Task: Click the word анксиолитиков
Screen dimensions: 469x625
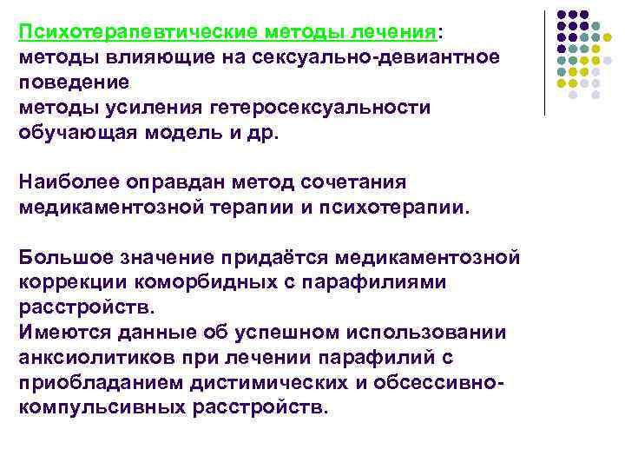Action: click(88, 356)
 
